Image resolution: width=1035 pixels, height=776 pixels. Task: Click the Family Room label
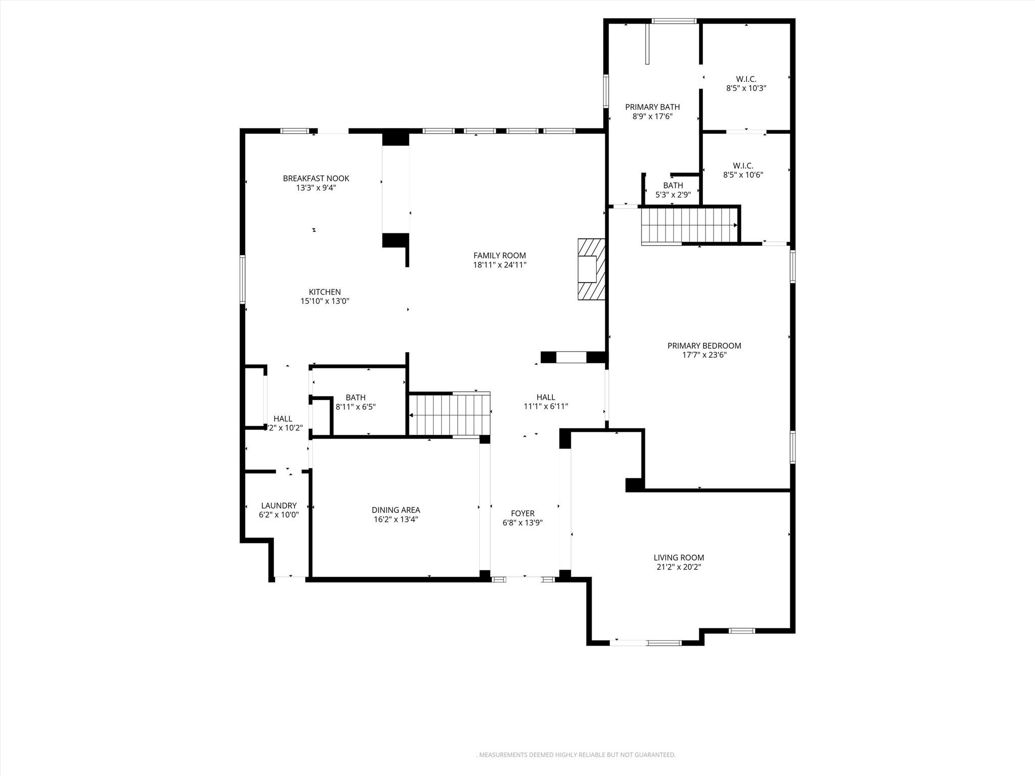click(499, 256)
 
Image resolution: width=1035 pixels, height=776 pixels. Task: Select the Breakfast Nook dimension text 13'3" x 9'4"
click(316, 188)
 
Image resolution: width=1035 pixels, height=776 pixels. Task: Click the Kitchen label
click(324, 292)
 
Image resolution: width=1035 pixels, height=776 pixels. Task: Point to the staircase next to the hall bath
click(449, 414)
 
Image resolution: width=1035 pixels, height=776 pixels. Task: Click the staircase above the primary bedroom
click(688, 225)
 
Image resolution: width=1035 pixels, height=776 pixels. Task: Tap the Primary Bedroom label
click(704, 346)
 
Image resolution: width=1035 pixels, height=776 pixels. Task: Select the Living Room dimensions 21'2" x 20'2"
click(678, 567)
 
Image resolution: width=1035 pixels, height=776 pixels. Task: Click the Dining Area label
click(396, 510)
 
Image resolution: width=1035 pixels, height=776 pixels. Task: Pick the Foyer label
click(523, 514)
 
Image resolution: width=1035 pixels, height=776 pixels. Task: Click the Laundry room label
click(278, 506)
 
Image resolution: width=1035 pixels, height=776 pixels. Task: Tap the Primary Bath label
click(652, 107)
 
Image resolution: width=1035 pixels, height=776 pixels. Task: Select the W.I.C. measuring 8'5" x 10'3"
click(746, 84)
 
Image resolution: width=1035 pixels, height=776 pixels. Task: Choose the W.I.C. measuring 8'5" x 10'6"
click(743, 170)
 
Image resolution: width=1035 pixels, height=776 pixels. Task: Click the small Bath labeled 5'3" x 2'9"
click(673, 190)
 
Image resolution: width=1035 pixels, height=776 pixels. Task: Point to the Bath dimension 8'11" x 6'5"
click(355, 407)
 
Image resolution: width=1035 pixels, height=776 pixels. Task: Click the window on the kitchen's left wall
click(243, 279)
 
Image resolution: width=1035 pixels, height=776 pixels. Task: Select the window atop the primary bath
click(674, 21)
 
